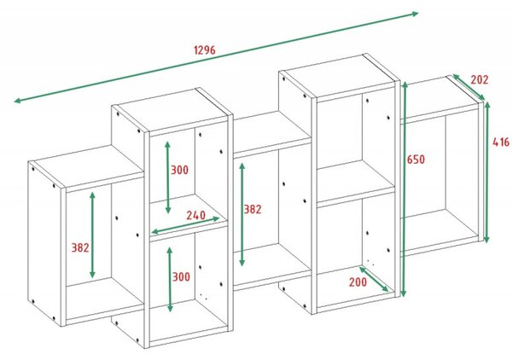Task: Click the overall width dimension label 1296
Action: point(205,50)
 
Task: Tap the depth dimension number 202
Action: point(480,79)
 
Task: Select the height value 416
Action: point(501,142)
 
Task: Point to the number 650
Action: point(416,160)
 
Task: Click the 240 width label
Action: point(196,215)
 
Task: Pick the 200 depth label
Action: point(358,282)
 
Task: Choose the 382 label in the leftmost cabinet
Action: point(80,247)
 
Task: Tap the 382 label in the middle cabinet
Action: point(253,209)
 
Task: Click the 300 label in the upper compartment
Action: point(179,170)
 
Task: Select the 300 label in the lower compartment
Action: point(181,276)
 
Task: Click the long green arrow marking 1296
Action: point(216,57)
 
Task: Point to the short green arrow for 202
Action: point(468,87)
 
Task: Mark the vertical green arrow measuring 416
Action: point(487,172)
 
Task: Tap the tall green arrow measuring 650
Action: point(404,189)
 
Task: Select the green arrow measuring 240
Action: point(185,225)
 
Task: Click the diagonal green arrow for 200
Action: point(374,279)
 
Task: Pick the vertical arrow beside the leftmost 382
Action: point(92,235)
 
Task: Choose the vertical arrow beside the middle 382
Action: point(242,214)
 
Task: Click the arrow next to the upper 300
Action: point(167,177)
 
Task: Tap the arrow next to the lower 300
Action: point(170,279)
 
